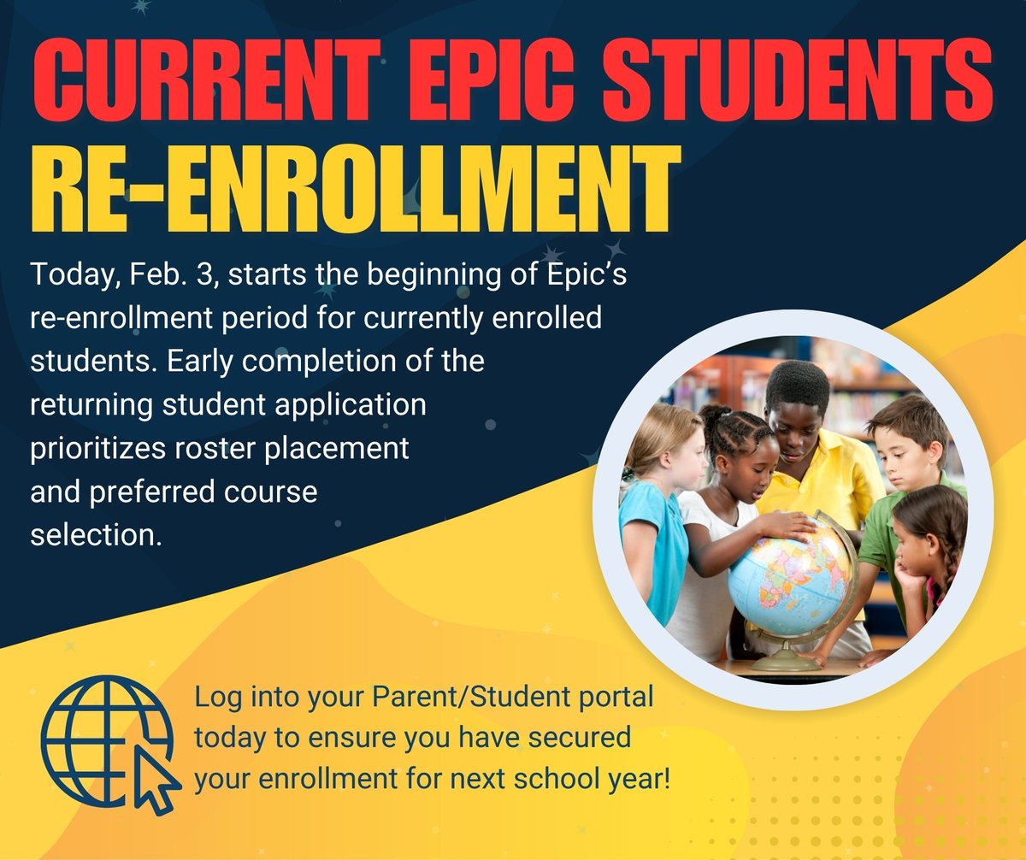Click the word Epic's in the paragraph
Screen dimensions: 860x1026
[x=587, y=276]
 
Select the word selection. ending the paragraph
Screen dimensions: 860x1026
[x=95, y=535]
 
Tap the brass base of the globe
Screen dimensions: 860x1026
[x=786, y=658]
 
